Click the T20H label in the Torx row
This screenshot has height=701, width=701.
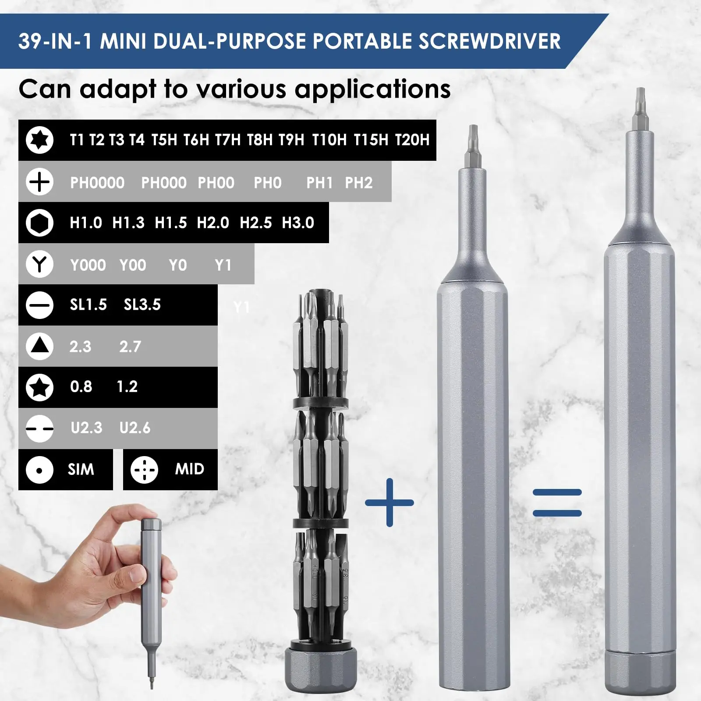(x=412, y=140)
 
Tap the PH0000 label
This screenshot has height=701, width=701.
(x=97, y=183)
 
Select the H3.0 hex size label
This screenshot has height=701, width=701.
(x=298, y=223)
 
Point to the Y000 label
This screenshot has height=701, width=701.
(x=88, y=265)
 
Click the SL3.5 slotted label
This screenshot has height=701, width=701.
(x=142, y=304)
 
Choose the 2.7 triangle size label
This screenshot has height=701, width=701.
(x=130, y=347)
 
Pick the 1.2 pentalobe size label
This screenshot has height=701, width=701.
(x=127, y=386)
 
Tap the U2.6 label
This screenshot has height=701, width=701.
(x=135, y=428)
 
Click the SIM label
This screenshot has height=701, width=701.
(x=81, y=469)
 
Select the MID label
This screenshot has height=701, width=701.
(x=190, y=469)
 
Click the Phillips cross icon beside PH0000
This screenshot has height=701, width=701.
(x=39, y=182)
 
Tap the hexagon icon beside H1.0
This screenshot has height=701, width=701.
(x=39, y=223)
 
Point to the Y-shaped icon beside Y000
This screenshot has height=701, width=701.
(x=39, y=264)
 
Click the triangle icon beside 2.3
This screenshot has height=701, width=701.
(x=39, y=346)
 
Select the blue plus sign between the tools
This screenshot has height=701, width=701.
(x=389, y=503)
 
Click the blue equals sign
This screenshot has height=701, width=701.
(x=557, y=503)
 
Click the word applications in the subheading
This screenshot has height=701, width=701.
(x=372, y=90)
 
